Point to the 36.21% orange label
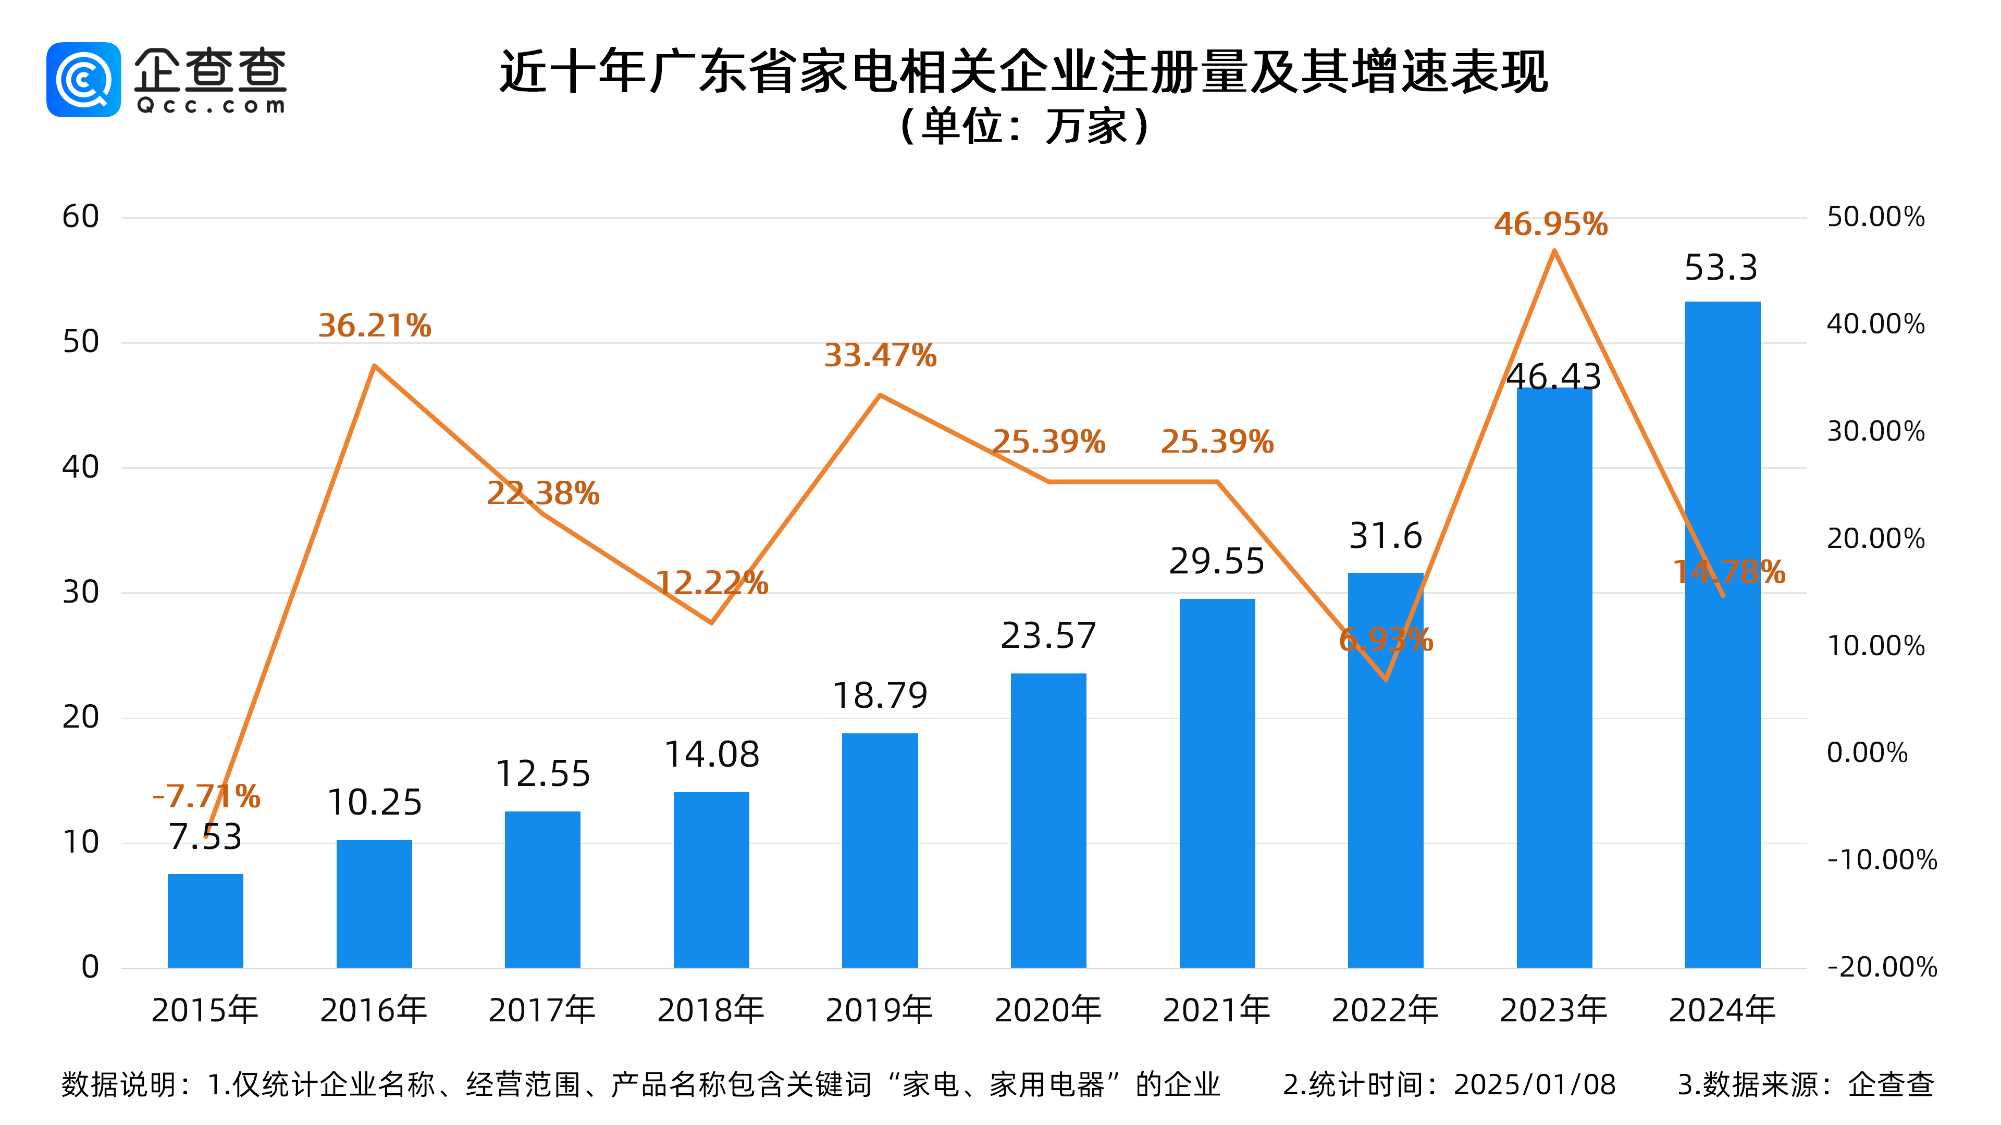(375, 326)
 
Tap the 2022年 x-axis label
(1385, 1010)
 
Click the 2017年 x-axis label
(542, 1010)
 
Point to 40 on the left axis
(81, 467)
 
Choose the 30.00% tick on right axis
(1875, 432)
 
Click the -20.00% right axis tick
(1881, 967)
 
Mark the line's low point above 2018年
(711, 622)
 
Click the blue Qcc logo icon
(84, 79)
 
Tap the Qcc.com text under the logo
(211, 106)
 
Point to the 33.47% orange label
(880, 356)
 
